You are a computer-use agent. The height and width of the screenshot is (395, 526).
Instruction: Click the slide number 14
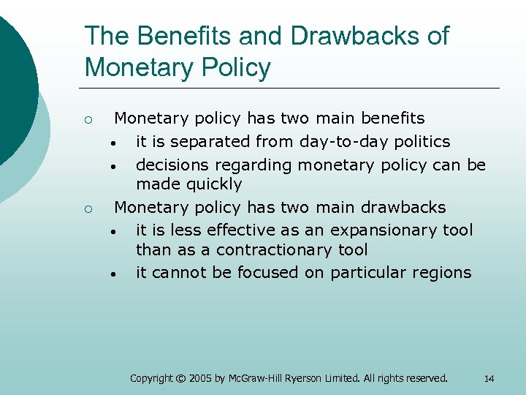click(x=489, y=378)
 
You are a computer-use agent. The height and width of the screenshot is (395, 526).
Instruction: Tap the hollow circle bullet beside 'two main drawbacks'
click(x=87, y=208)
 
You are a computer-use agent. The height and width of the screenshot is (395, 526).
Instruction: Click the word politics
click(x=424, y=141)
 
